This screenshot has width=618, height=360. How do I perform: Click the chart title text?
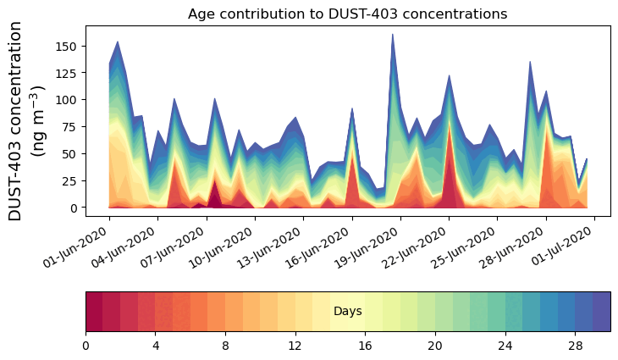347,14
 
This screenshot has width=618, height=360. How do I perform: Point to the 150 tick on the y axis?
69,45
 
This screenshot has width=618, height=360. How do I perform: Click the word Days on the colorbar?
347,312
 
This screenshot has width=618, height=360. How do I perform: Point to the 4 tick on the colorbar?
156,346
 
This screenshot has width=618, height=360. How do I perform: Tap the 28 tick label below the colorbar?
576,346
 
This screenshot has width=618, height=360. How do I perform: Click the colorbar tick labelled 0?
86,346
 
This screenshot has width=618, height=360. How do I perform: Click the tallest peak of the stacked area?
393,36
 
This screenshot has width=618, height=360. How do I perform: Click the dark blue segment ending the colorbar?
602,312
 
